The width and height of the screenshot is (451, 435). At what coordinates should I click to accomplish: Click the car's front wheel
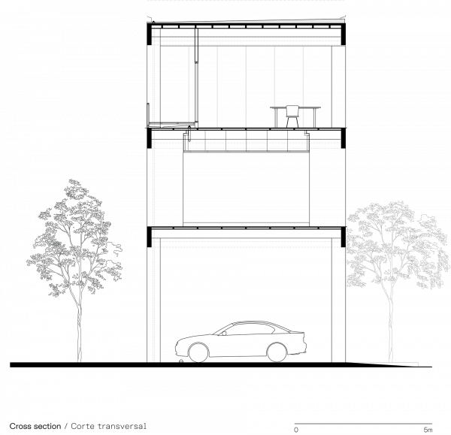198,352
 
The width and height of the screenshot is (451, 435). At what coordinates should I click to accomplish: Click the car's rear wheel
277,352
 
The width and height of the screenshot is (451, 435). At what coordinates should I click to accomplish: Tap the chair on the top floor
292,116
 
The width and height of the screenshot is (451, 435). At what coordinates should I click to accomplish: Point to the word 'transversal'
122,426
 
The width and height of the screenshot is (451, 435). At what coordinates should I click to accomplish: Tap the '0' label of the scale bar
296,430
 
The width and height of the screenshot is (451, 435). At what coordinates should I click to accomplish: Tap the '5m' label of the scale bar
428,430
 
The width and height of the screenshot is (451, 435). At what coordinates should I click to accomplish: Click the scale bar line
363,424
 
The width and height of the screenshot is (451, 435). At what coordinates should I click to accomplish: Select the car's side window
244,330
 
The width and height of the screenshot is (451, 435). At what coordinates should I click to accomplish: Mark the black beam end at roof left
150,34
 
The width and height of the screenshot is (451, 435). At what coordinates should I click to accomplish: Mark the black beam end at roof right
344,34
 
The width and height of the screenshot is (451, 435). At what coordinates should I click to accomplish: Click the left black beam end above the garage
150,237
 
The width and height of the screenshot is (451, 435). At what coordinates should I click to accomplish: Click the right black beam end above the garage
344,237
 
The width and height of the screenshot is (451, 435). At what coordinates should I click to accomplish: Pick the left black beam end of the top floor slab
150,138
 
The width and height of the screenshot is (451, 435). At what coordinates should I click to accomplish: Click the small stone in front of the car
181,361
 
